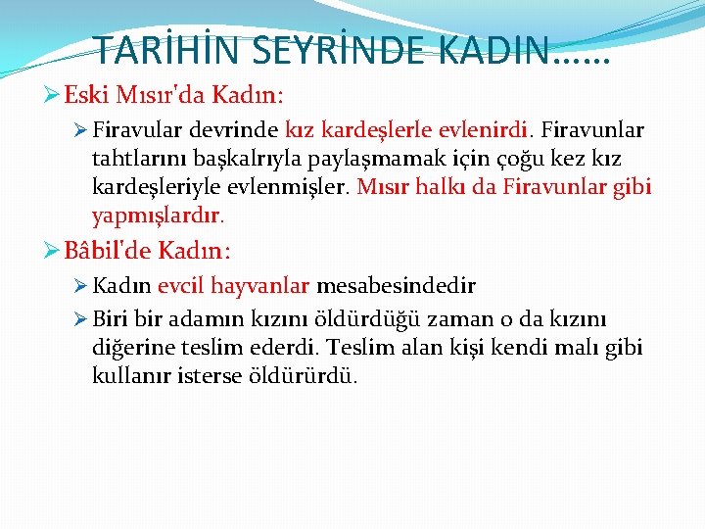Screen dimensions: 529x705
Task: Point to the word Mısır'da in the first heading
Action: [x=154, y=96]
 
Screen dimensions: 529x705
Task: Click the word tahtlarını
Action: [x=132, y=159]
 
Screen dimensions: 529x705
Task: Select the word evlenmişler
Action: [x=303, y=186]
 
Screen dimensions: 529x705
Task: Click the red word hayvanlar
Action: [x=261, y=287]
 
